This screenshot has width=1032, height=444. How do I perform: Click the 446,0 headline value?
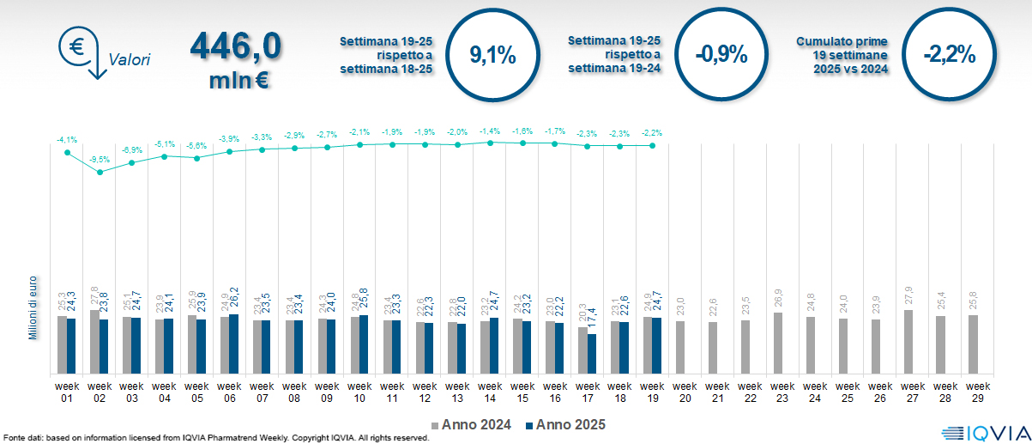click(235, 46)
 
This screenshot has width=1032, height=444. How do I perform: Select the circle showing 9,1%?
click(492, 57)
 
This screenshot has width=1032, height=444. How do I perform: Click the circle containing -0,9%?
click(721, 57)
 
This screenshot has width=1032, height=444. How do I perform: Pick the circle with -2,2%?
click(949, 57)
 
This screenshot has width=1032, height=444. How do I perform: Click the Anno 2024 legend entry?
click(471, 424)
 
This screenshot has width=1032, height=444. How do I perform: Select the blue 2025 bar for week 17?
click(592, 353)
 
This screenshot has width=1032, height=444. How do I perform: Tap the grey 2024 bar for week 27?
click(908, 342)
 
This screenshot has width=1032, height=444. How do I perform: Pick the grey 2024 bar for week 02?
click(94, 342)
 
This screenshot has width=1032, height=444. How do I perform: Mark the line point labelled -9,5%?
click(100, 172)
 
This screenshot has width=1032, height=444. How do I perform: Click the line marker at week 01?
click(67, 152)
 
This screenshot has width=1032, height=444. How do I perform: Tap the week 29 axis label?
click(977, 392)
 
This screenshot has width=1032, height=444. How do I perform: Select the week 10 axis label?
click(359, 392)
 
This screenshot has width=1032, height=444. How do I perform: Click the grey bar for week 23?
click(778, 343)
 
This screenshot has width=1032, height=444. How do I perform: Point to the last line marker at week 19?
click(653, 146)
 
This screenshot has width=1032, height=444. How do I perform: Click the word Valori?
click(130, 60)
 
